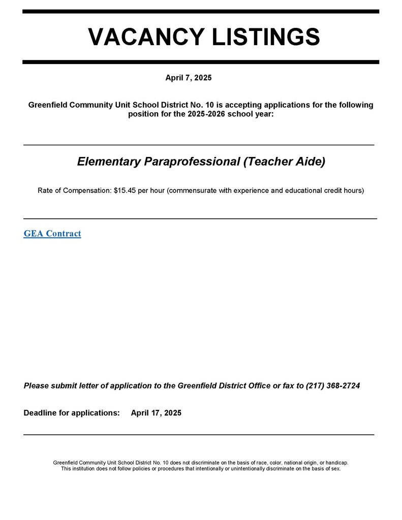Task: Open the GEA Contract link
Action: tap(52, 234)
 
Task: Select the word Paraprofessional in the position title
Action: tap(192, 161)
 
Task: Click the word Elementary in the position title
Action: tap(109, 161)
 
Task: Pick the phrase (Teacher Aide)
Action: tap(284, 161)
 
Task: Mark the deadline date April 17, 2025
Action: tap(156, 413)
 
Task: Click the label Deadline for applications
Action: tap(72, 413)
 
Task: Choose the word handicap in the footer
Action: tap(336, 463)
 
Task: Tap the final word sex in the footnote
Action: tap(335, 469)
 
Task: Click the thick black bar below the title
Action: tap(201, 62)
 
